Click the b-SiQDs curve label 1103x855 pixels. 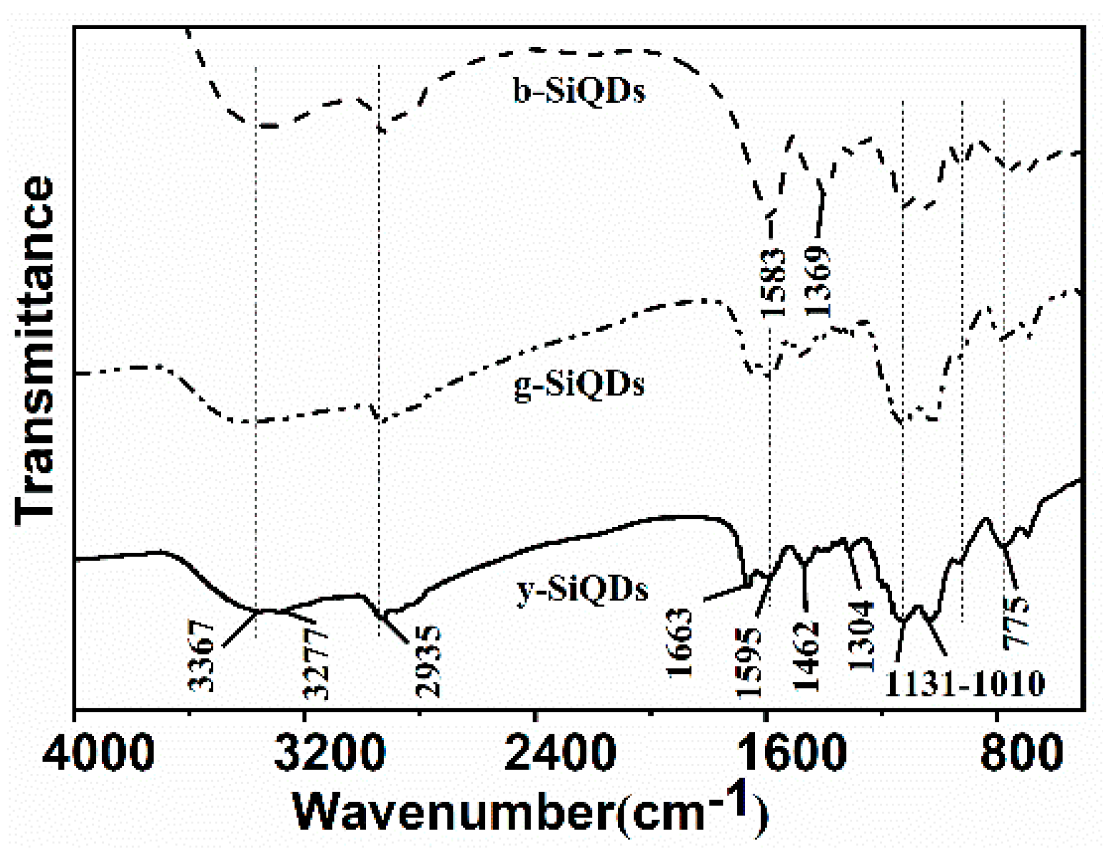pos(579,90)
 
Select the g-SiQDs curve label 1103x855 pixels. pos(579,384)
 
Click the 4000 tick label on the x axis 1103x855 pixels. pos(98,753)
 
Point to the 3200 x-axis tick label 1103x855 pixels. pos(329,753)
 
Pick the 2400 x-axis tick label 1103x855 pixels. pos(560,753)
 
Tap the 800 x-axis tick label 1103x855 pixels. pos(1022,753)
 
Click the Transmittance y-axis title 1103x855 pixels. pos(35,350)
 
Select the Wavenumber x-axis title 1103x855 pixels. pos(530,811)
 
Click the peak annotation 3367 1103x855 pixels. pos(202,656)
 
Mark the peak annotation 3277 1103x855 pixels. pos(316,662)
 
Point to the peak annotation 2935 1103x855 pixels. pos(429,661)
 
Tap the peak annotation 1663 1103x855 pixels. pos(679,643)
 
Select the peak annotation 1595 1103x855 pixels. pos(748,662)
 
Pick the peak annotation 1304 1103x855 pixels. pos(861,636)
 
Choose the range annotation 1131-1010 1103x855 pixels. pos(964,684)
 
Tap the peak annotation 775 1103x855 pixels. pos(1016,622)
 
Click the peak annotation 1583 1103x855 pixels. pos(773,282)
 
